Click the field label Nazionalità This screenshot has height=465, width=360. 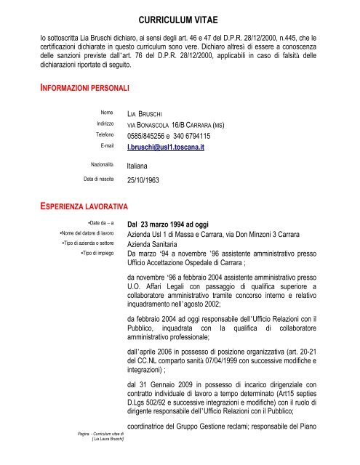pos(104,166)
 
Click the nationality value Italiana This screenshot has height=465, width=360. pos(143,166)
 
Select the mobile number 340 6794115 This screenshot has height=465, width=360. pos(212,136)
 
